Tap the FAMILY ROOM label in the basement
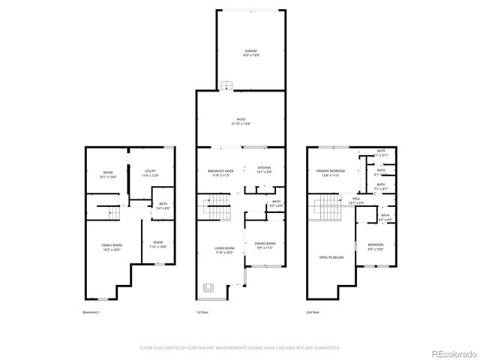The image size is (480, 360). (x=112, y=247)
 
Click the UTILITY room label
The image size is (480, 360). (x=149, y=173)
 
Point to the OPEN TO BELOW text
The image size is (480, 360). (x=331, y=256)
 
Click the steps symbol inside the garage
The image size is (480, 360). (x=225, y=85)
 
